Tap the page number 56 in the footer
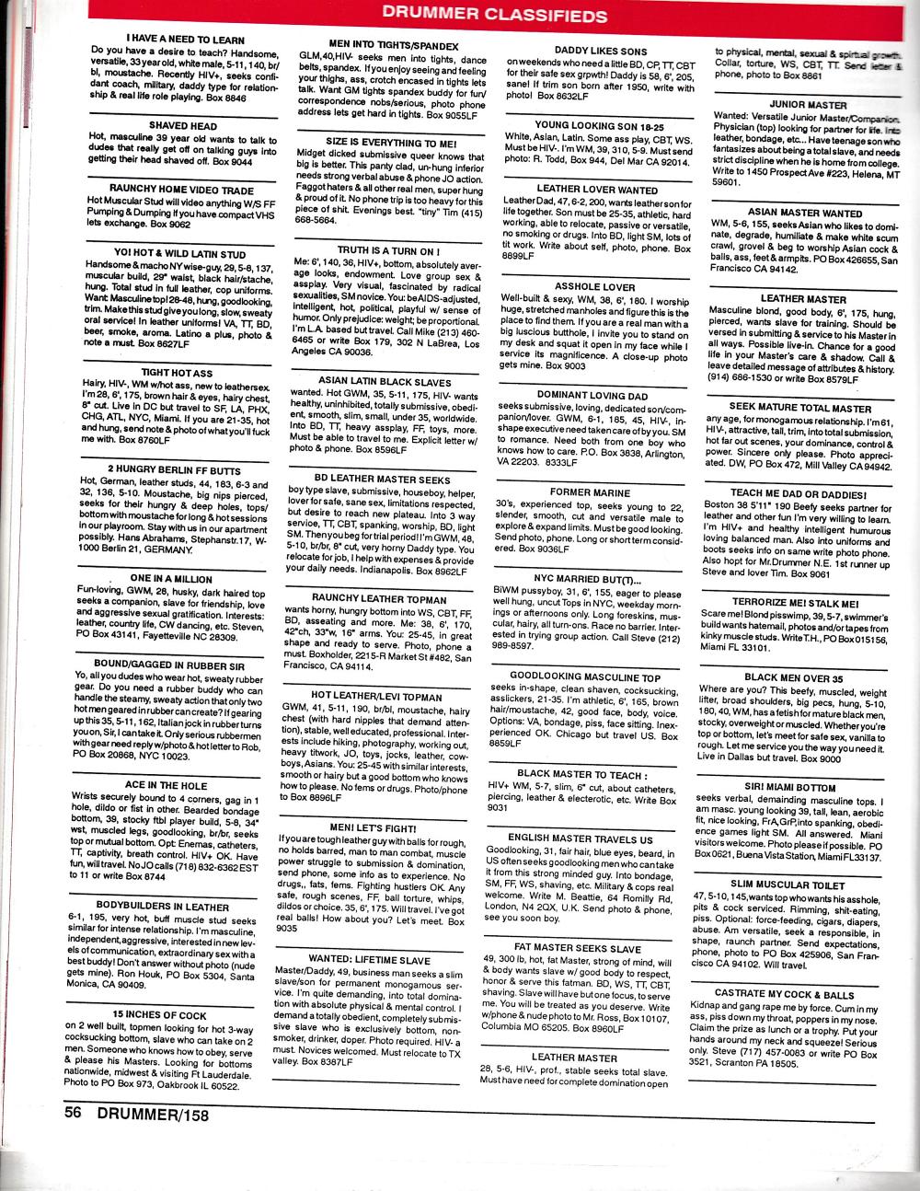point(75,1111)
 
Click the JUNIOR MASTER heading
point(796,105)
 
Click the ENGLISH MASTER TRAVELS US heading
point(581,839)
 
